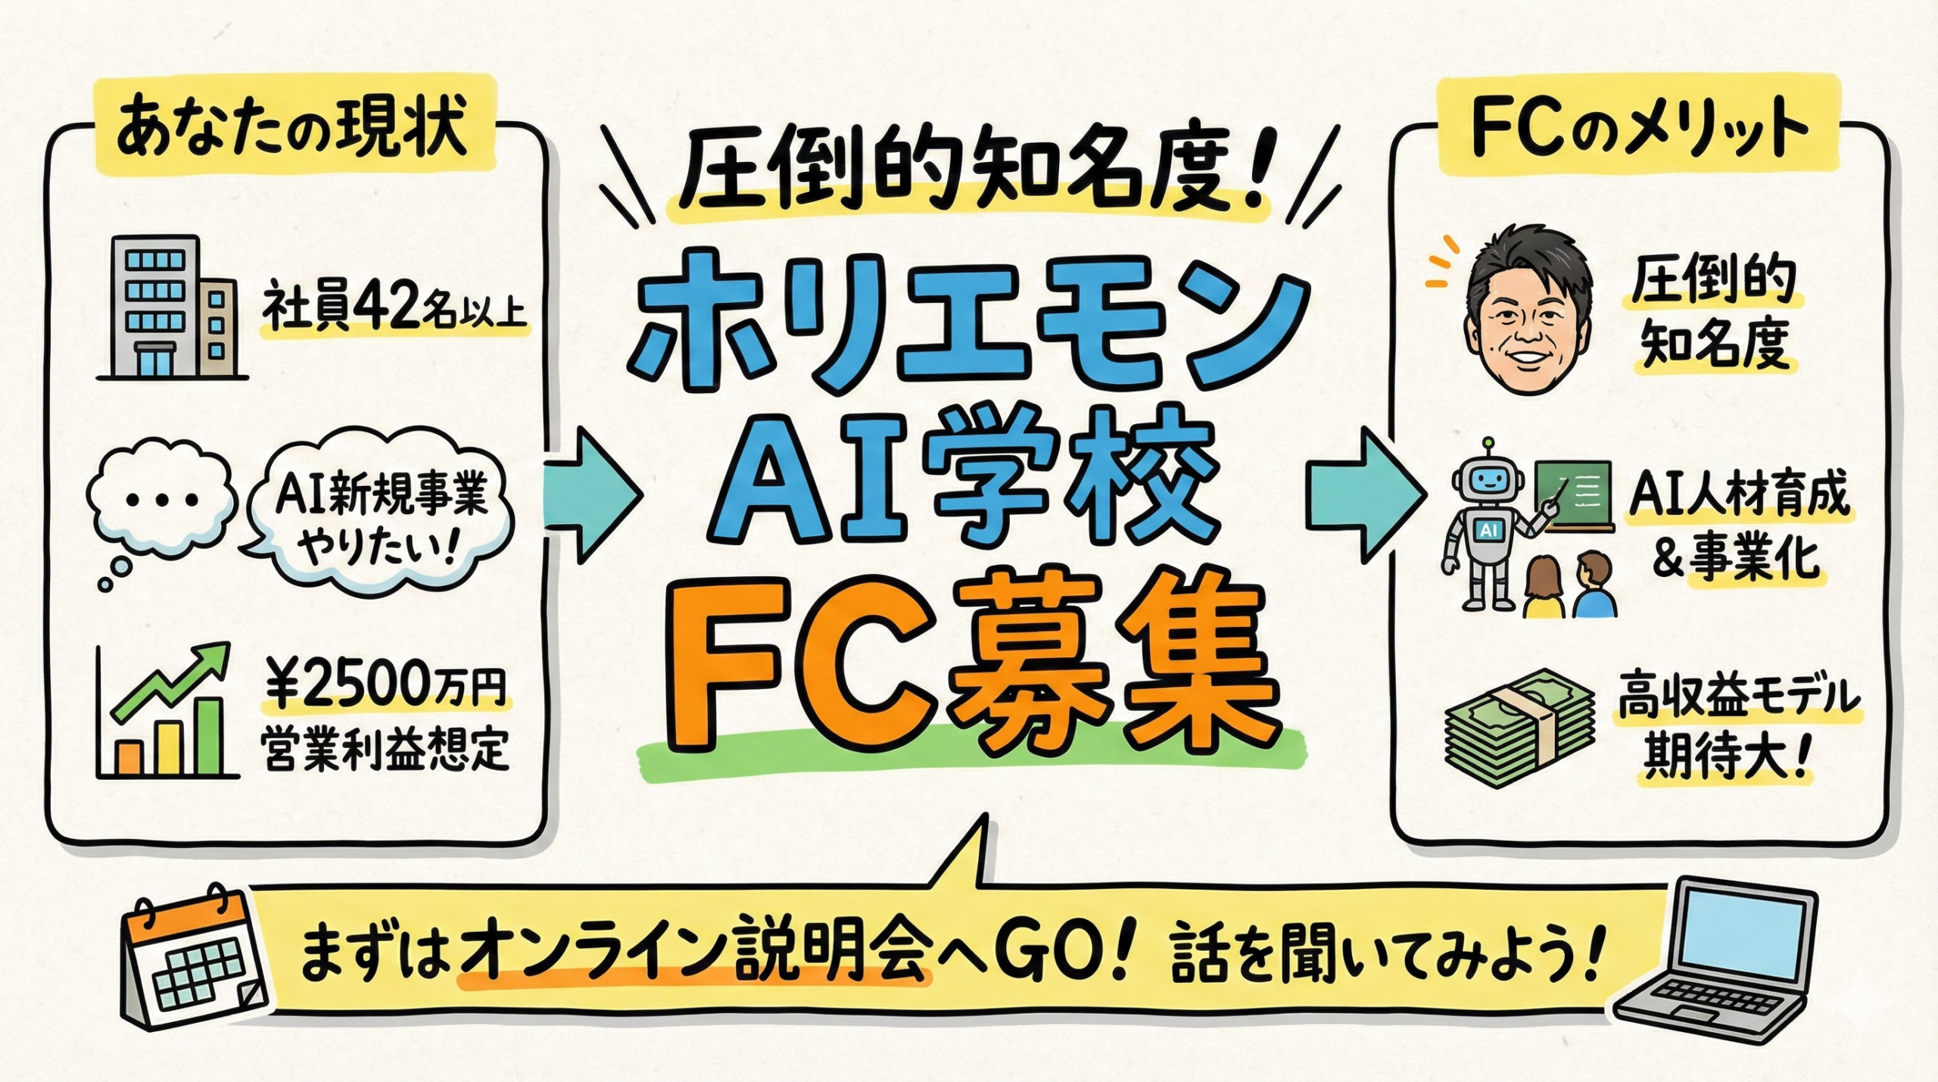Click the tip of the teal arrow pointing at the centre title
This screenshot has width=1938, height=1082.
coord(642,495)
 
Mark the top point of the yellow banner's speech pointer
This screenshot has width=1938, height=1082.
coord(986,816)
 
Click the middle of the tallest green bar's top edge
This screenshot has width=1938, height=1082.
coord(210,700)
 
